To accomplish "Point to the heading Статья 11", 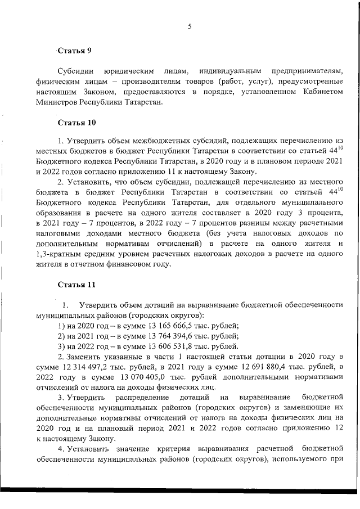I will [76, 285].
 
